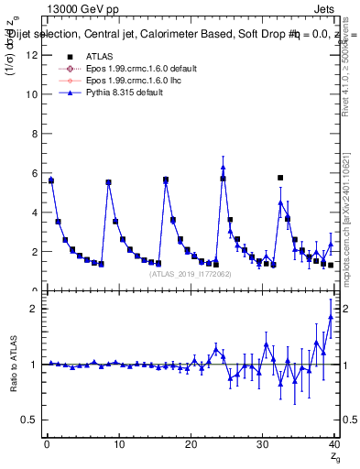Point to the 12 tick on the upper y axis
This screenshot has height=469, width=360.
pos(34,54)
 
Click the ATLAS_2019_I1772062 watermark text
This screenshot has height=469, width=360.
pos(191,274)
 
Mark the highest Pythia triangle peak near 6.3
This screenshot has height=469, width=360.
pos(223,167)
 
